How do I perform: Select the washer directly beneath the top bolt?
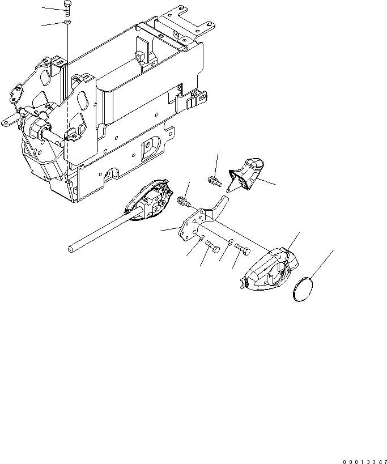point(67,23)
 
